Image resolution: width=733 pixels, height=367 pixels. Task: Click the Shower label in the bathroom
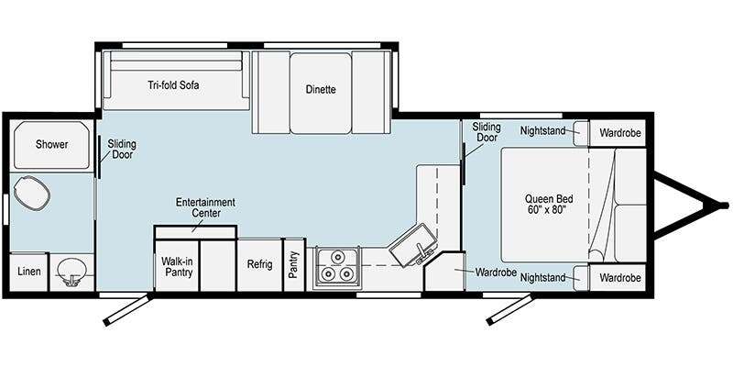click(51, 145)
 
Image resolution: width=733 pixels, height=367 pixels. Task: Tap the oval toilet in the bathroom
click(31, 193)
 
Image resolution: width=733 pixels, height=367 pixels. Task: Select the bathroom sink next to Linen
click(71, 272)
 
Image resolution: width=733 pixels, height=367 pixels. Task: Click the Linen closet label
click(29, 272)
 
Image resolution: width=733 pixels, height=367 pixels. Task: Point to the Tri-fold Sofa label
click(173, 85)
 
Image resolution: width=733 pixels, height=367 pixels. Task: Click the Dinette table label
click(321, 89)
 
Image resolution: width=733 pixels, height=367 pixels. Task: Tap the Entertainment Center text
click(205, 208)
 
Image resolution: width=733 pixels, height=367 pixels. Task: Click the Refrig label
click(259, 264)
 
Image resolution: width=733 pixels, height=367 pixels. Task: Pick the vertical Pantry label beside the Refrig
click(293, 264)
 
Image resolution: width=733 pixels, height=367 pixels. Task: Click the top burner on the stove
click(337, 257)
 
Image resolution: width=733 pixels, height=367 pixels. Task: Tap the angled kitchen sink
click(414, 245)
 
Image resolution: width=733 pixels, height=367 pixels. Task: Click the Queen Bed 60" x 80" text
click(545, 204)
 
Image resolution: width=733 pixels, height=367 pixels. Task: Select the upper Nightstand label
click(542, 131)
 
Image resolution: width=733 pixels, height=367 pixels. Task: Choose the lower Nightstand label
click(542, 278)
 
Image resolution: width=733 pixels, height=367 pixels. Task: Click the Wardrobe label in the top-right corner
click(620, 133)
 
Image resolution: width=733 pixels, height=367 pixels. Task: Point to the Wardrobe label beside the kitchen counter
click(496, 272)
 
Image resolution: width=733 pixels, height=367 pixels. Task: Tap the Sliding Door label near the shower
click(122, 149)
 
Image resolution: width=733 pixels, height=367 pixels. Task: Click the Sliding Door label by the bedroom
click(487, 132)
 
